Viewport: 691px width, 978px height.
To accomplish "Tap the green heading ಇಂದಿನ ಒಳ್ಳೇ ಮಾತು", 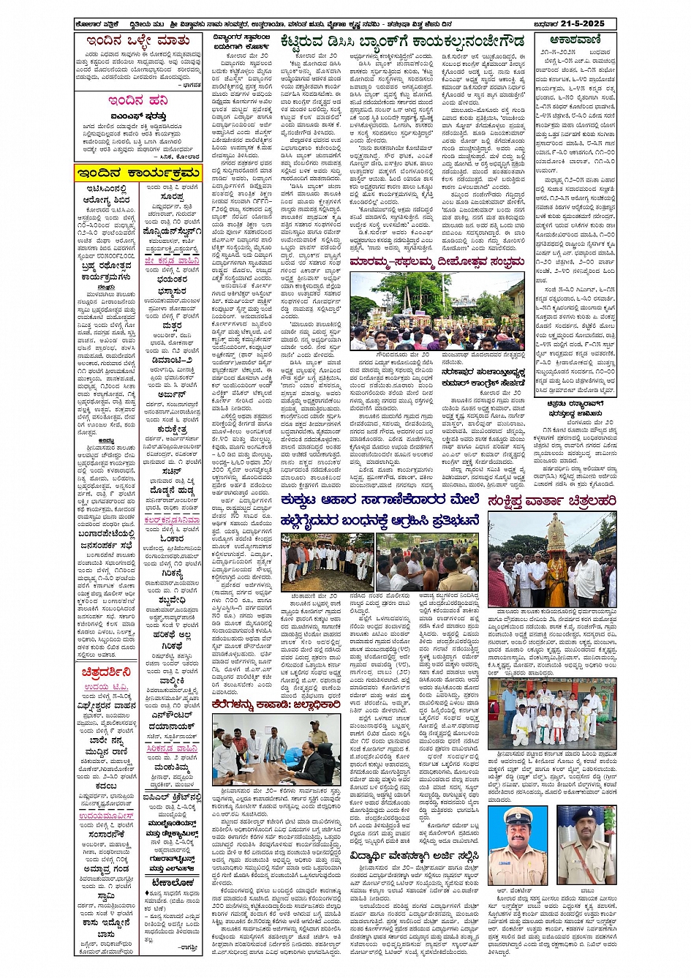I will pos(138,42).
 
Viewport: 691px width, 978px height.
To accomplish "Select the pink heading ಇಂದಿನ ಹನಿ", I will pos(137,101).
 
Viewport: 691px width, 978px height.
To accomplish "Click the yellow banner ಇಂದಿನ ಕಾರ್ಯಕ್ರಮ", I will pos(137,173).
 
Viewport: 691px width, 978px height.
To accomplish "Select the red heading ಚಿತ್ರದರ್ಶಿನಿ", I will pos(107,672).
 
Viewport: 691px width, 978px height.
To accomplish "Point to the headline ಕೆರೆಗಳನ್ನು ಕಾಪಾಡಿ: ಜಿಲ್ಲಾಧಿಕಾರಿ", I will pos(276,704).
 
